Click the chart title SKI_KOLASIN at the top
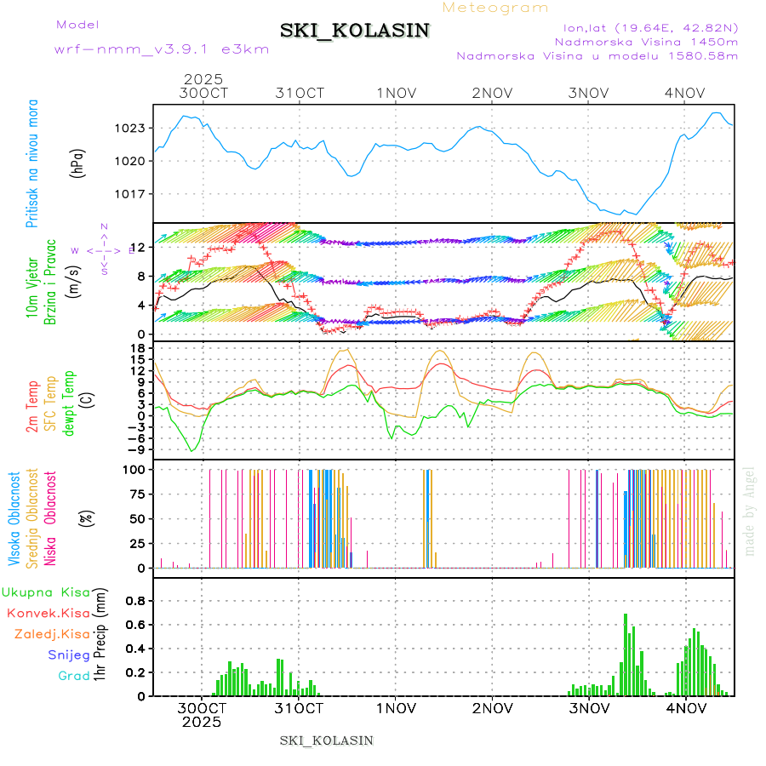[355, 30]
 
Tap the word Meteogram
[496, 8]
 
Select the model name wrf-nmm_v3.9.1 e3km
[162, 49]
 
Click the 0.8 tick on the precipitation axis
[134, 600]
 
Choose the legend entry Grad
[74, 676]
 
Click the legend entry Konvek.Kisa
[49, 613]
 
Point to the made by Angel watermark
[750, 511]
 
